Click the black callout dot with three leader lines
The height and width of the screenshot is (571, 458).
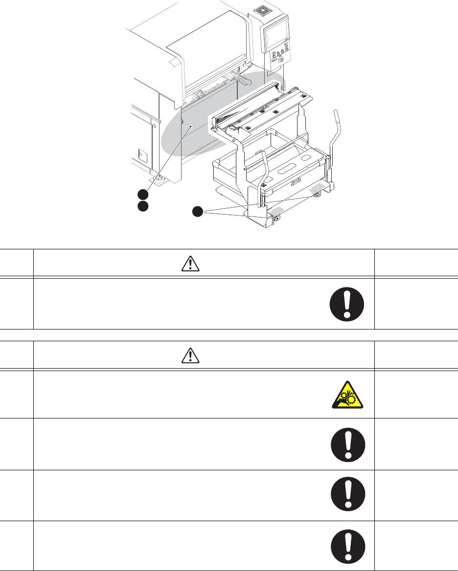pyautogui.click(x=197, y=212)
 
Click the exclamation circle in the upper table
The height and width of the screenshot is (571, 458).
pyautogui.click(x=347, y=304)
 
